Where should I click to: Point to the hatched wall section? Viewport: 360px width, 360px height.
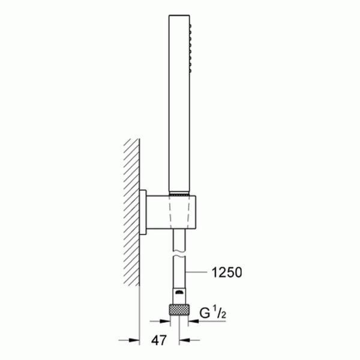point(131,210)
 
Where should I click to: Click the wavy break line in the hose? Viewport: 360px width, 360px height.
point(178,254)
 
